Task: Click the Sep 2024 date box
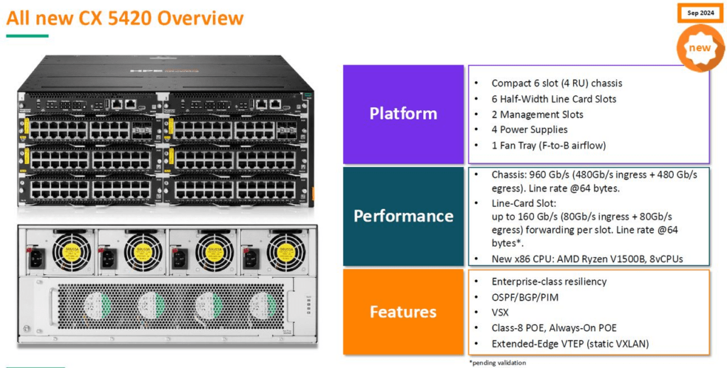click(x=701, y=13)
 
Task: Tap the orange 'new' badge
click(x=700, y=48)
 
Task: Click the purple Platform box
click(x=403, y=114)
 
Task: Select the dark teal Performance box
click(x=403, y=216)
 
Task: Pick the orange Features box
click(x=403, y=312)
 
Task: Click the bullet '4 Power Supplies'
click(x=530, y=129)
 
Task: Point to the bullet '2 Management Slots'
click(x=537, y=114)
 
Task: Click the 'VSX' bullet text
click(x=500, y=313)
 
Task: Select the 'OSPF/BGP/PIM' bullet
click(x=525, y=297)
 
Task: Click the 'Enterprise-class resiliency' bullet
click(x=549, y=281)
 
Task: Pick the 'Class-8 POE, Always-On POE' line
click(x=554, y=328)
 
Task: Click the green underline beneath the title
click(x=28, y=36)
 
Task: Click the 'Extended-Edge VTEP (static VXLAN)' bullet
click(x=570, y=344)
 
